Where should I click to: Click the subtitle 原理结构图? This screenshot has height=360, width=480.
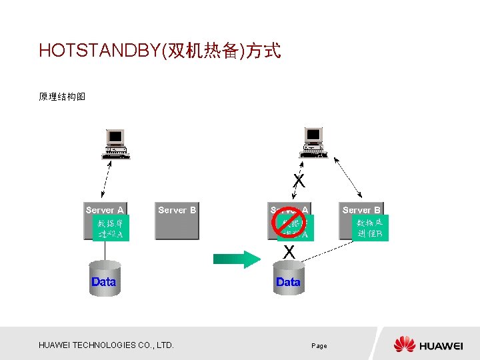(62, 97)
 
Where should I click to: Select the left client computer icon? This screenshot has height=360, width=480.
(116, 144)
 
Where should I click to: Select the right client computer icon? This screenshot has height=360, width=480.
(313, 143)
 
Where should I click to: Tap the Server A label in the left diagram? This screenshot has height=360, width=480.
(105, 210)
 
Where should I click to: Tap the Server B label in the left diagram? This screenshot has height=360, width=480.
(177, 210)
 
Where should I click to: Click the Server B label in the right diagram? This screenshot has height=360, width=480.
(361, 210)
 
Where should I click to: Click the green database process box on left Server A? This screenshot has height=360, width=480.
(111, 228)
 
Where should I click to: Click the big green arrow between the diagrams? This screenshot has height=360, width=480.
(236, 259)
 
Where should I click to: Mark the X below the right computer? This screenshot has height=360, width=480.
(299, 181)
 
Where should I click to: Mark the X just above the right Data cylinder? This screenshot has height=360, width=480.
(289, 252)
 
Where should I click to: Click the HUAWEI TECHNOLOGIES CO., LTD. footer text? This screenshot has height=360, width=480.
(106, 345)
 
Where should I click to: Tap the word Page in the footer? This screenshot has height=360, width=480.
(319, 346)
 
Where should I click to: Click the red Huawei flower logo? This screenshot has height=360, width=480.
(404, 345)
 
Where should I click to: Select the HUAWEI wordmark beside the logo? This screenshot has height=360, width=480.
(441, 345)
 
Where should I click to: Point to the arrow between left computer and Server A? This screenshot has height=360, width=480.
(111, 181)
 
